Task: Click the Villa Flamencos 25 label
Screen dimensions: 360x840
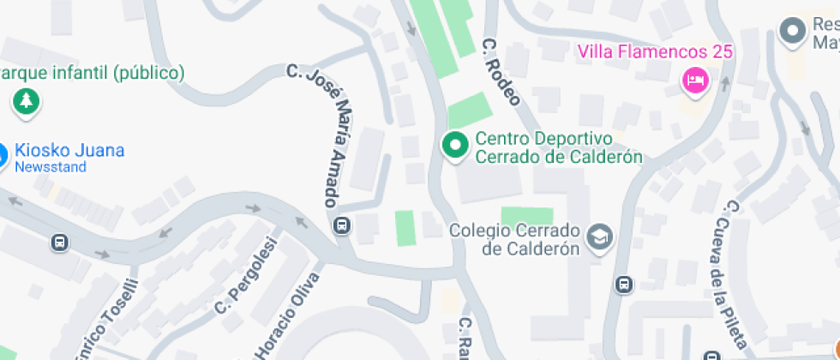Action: tap(656, 51)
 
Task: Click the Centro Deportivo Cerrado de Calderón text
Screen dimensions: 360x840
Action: tap(558, 147)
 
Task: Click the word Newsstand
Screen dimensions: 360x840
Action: tap(51, 167)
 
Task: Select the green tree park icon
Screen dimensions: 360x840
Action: tap(27, 101)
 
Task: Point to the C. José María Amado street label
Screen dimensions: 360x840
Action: tap(321, 133)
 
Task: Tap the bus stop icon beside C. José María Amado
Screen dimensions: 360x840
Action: tap(342, 226)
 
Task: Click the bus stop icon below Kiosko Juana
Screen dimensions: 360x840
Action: tap(60, 243)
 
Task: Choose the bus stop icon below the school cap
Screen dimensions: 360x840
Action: tap(625, 284)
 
